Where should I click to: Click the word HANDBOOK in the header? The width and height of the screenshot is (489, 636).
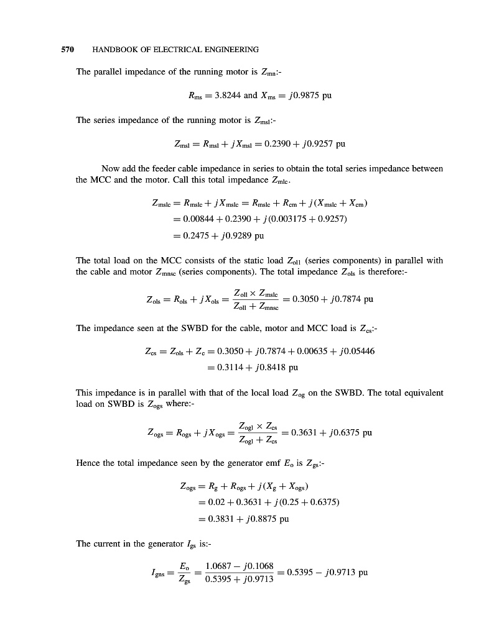coord(116,49)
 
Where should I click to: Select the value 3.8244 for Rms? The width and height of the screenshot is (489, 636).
coord(227,96)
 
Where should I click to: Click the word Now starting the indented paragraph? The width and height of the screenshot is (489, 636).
coord(111,168)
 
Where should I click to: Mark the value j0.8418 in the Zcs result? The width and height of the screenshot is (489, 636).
coord(266,367)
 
